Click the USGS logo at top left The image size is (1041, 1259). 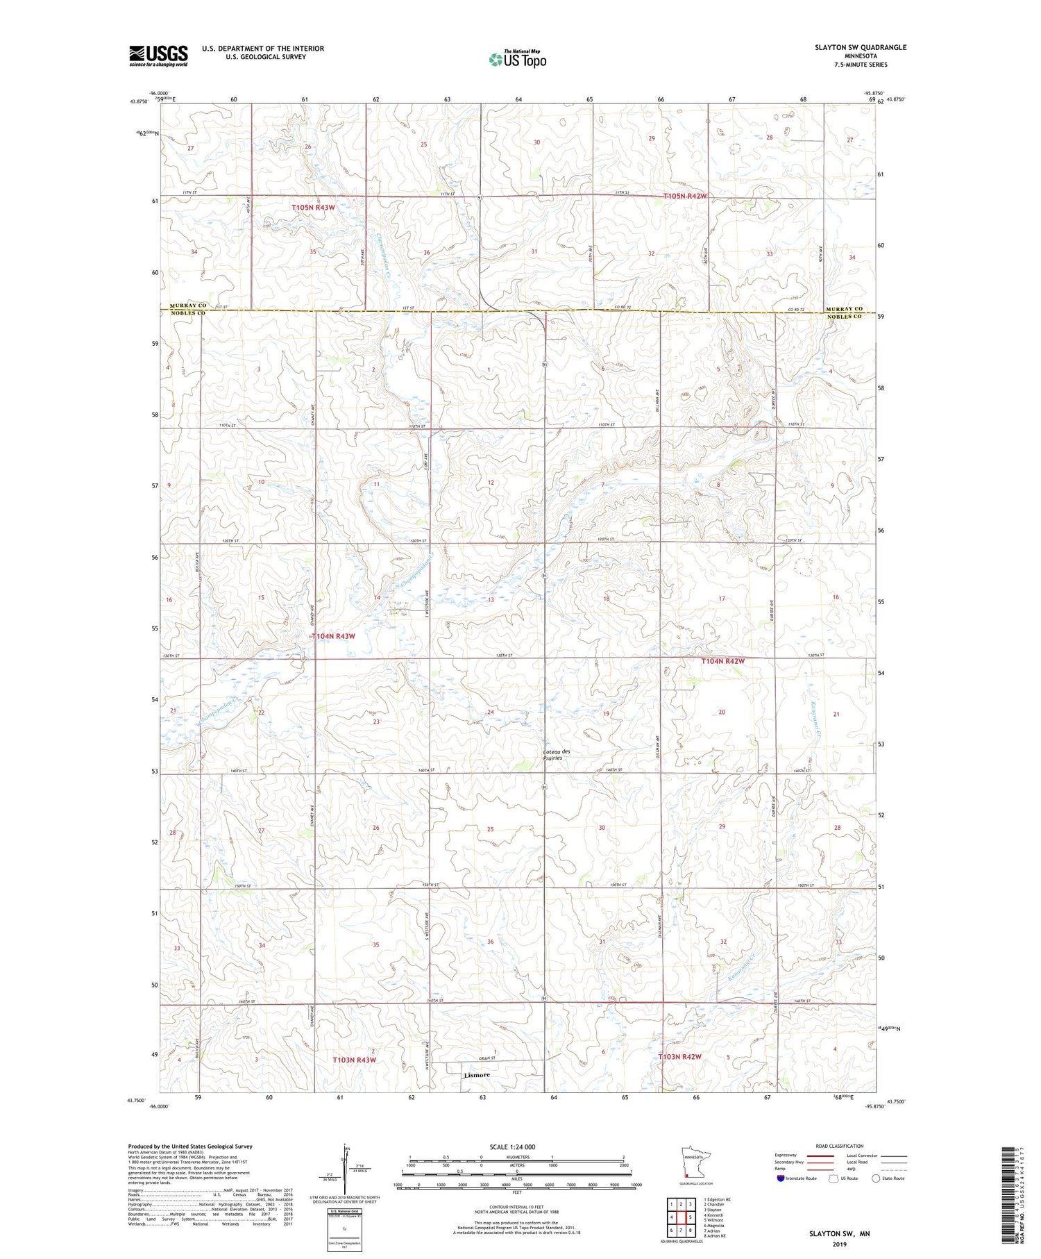(158, 56)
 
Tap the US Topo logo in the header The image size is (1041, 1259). (517, 60)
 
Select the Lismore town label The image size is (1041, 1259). (476, 1075)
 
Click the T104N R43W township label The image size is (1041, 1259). (333, 636)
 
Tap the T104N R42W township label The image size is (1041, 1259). (722, 662)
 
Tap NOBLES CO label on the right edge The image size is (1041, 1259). (843, 317)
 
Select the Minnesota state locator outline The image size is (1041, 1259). (688, 1164)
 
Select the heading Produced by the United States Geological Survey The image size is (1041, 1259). (189, 1147)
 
